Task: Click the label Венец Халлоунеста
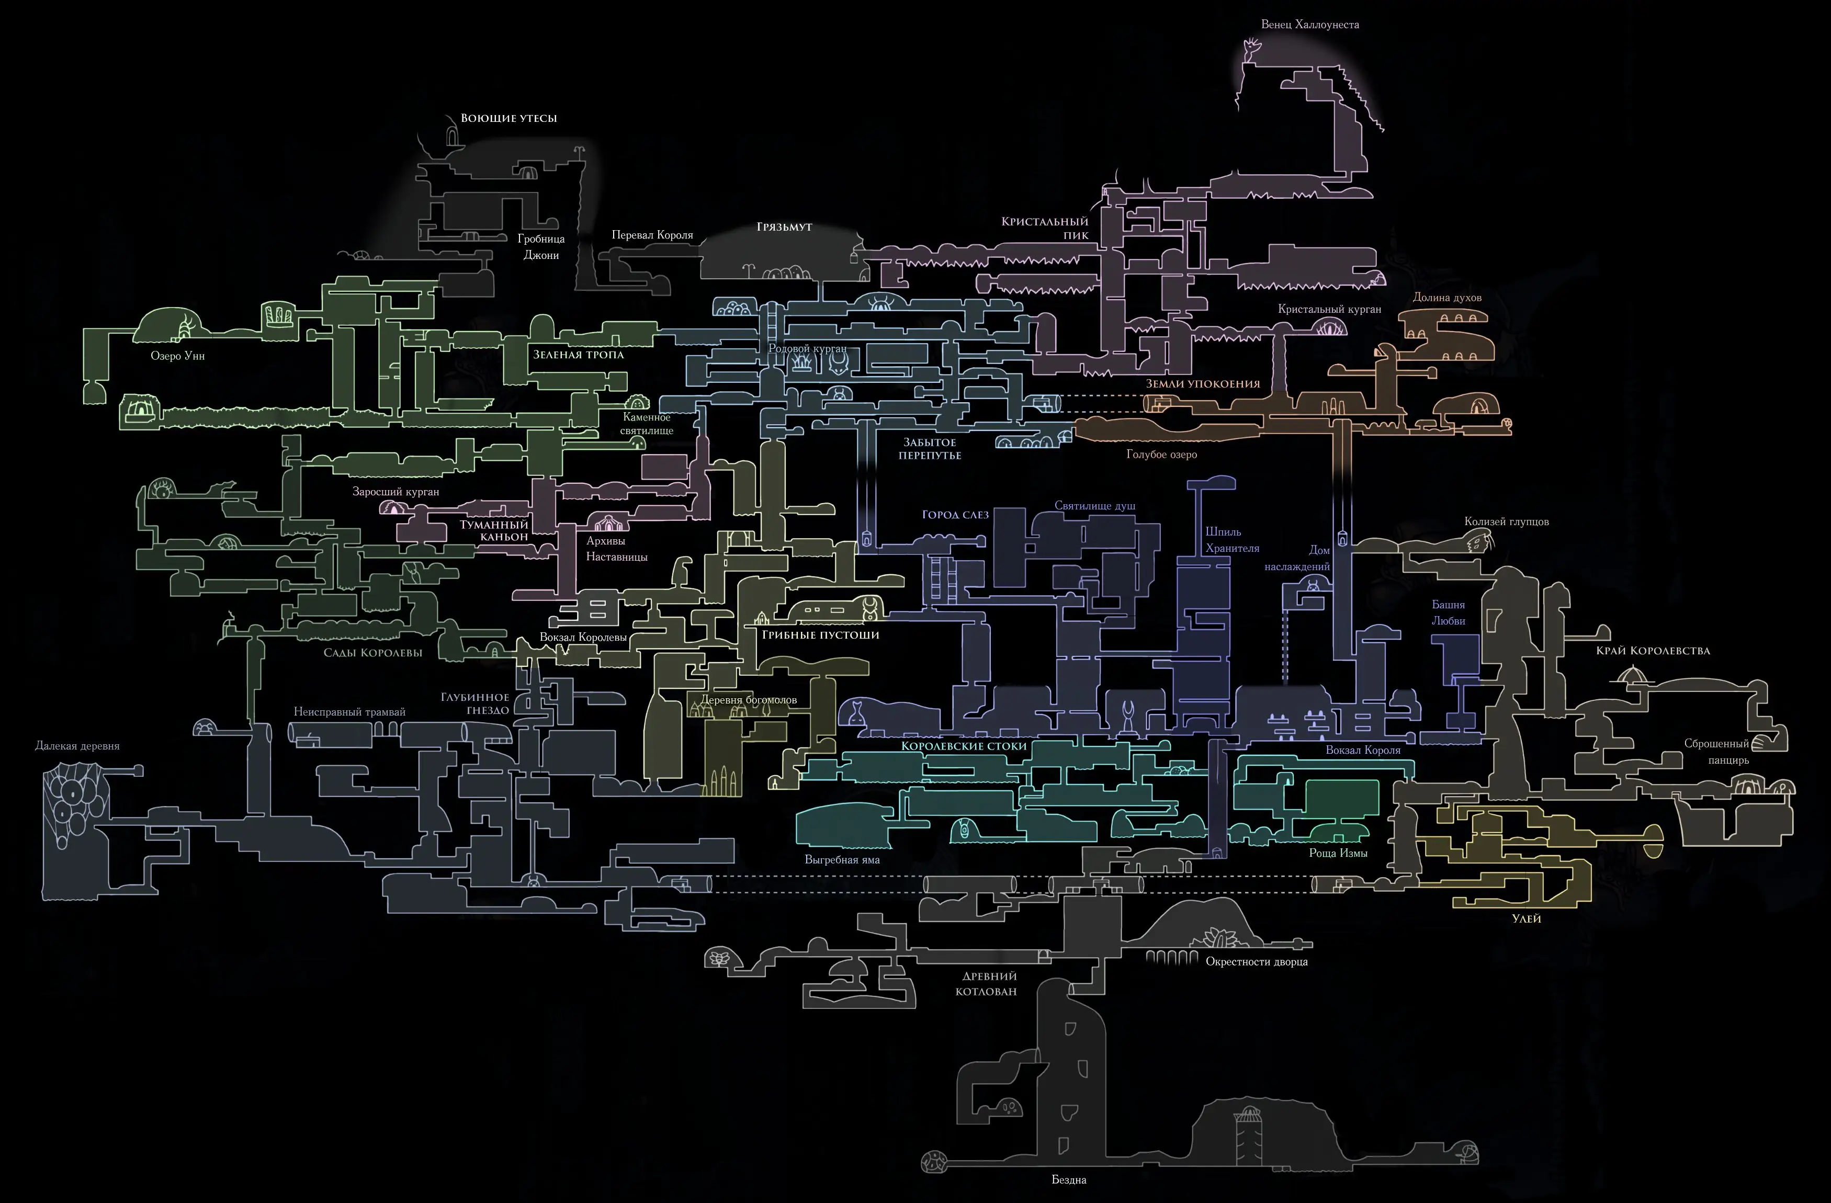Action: coord(1309,25)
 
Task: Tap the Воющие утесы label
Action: coord(508,118)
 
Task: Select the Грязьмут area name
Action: coord(784,227)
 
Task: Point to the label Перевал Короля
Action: coord(652,235)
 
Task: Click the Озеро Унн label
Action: coord(178,356)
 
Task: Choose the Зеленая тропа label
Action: coord(579,355)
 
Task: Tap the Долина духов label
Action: coord(1447,298)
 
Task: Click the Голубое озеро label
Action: coord(1162,455)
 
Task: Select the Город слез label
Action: coord(955,515)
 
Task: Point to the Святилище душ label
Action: coord(1095,506)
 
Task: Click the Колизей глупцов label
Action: coord(1506,521)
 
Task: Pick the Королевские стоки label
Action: coord(964,746)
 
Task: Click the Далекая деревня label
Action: coord(78,746)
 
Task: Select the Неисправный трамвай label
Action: coord(349,712)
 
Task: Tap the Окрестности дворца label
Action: coord(1256,961)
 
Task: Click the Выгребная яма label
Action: coord(842,860)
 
